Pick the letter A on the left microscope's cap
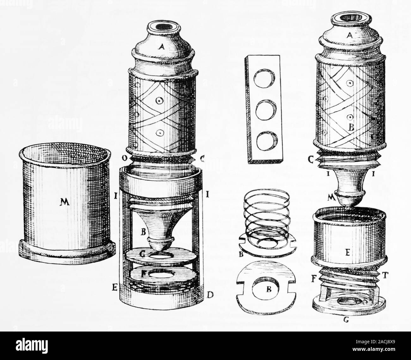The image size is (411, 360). click(162, 47)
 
